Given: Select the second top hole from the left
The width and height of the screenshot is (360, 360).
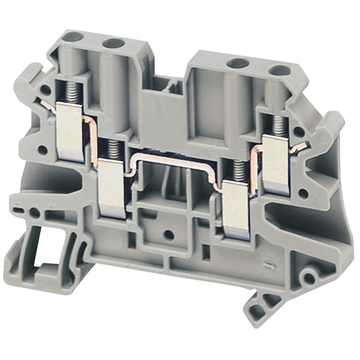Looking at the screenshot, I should (113, 43).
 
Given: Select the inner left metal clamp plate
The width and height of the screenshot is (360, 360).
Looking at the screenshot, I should (112, 189).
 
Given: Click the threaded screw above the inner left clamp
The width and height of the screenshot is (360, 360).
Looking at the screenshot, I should (113, 148).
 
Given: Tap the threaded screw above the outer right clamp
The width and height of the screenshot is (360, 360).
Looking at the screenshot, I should (279, 126).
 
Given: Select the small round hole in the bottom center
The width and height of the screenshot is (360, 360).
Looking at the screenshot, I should (168, 235).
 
